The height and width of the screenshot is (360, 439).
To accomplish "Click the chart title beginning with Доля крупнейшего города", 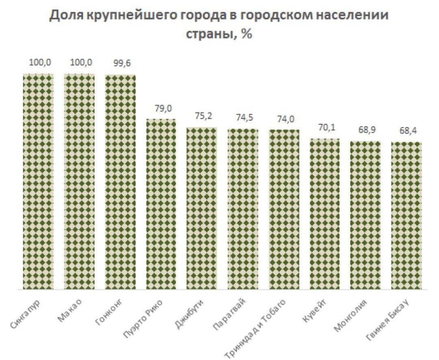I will tap(219, 25).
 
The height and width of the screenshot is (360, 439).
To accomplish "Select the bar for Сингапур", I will tap(38, 181).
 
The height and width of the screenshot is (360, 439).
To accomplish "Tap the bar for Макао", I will tap(79, 181).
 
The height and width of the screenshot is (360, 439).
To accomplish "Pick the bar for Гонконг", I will tap(120, 182).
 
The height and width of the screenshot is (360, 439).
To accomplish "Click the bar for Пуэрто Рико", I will tap(161, 204).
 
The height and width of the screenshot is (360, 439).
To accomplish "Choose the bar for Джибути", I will tap(202, 208).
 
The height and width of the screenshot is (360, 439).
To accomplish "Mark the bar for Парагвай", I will tap(243, 209).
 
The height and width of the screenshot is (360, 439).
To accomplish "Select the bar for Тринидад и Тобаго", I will tap(284, 209).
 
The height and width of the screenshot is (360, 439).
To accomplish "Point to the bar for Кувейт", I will tap(325, 214).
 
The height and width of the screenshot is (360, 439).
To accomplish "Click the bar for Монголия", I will tap(366, 215).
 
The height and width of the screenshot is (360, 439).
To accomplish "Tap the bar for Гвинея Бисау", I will tap(406, 216).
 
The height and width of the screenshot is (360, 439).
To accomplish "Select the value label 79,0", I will tap(161, 108).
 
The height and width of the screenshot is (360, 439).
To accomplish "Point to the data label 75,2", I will tap(202, 116).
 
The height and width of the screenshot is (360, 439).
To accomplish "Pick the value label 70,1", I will tap(325, 128).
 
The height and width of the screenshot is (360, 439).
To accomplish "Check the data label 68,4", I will tap(406, 131).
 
